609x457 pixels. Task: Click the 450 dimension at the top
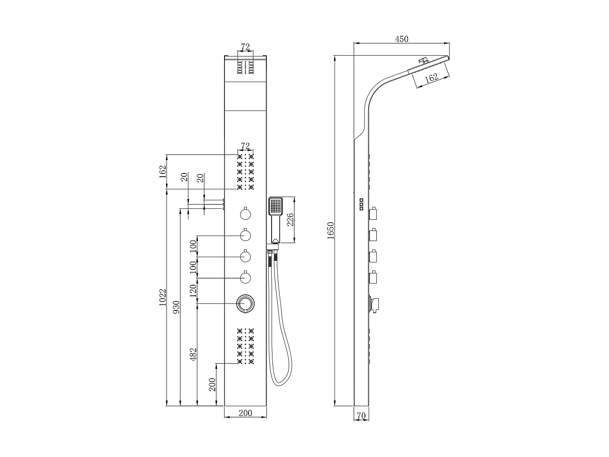pyautogui.click(x=402, y=39)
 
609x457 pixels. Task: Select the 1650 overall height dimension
pyautogui.click(x=330, y=230)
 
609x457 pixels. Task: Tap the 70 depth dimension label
pyautogui.click(x=361, y=416)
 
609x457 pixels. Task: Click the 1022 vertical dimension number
pyautogui.click(x=162, y=297)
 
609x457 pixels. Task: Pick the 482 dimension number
pyautogui.click(x=193, y=354)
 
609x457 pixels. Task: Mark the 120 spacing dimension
pyautogui.click(x=193, y=290)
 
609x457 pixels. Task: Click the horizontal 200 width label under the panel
pyautogui.click(x=245, y=413)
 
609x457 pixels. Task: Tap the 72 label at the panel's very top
pyautogui.click(x=245, y=47)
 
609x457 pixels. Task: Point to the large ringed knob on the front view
pyautogui.click(x=245, y=304)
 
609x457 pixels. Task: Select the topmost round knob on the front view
pyautogui.click(x=245, y=214)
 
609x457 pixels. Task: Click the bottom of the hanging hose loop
pyautogui.click(x=280, y=384)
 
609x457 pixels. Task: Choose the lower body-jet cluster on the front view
pyautogui.click(x=245, y=346)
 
